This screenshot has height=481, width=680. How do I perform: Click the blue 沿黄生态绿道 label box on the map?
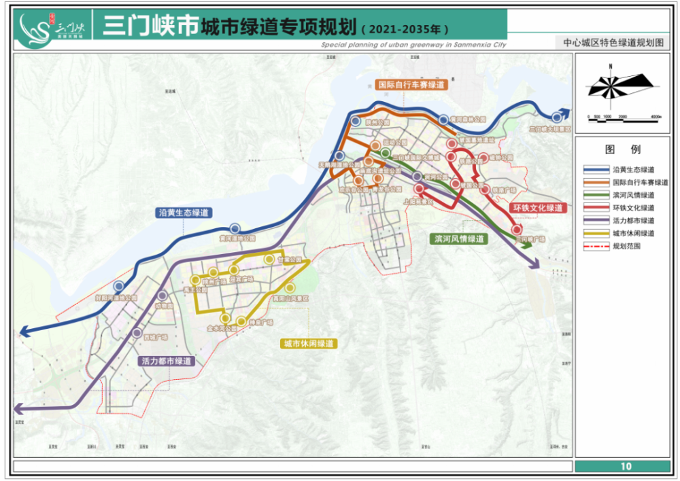183,213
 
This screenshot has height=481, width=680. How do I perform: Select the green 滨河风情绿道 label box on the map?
460,239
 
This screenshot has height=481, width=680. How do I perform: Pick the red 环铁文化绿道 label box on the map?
537,208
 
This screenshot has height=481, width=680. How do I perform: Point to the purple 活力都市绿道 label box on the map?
166,361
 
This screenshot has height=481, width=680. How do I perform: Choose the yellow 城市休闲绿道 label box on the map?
309,344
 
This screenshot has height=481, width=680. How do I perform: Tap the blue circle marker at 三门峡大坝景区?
558,116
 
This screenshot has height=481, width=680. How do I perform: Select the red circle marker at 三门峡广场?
517,230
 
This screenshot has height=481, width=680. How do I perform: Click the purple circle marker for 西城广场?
138,334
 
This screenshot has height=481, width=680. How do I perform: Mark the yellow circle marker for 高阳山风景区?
290,287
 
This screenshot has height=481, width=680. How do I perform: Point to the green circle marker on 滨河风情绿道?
386,153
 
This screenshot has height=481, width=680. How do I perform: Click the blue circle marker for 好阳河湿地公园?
120,287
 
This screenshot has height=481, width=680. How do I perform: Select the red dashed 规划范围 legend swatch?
597,247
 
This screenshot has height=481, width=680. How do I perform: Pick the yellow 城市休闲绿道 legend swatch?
597,234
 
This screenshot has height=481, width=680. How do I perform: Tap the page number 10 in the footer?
626,466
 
